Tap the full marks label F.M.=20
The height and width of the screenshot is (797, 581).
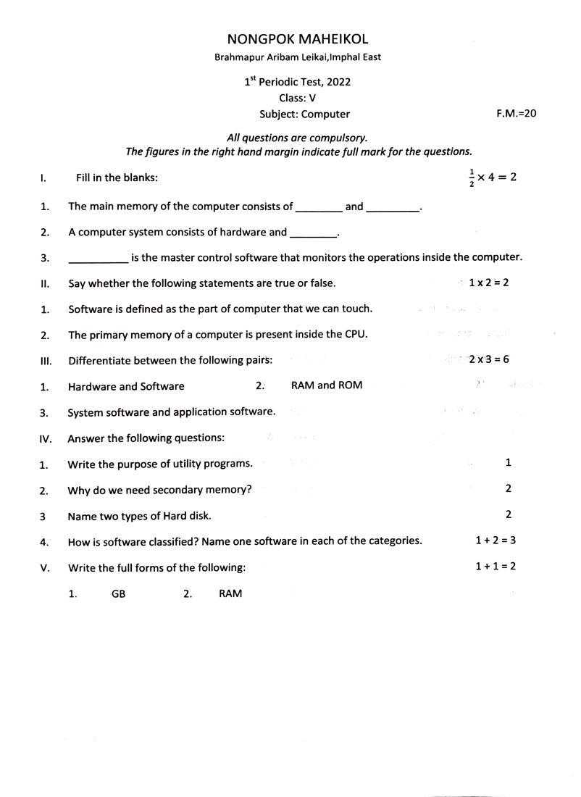tap(516, 114)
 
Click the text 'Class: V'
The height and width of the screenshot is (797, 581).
tap(297, 98)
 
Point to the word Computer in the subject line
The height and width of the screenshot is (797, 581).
tap(325, 114)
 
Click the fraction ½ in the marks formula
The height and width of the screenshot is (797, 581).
tap(471, 177)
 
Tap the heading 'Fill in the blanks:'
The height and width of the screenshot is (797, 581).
tap(117, 178)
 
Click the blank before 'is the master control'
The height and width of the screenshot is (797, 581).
tap(98, 257)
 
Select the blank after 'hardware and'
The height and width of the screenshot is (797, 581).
tap(313, 233)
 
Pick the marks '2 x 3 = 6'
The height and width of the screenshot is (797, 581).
tap(490, 359)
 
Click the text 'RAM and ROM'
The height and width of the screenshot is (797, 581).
tap(326, 385)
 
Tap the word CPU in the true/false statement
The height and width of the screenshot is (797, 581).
tap(356, 335)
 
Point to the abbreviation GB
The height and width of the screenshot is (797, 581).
tap(119, 593)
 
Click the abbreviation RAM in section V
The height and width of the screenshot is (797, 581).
tap(230, 593)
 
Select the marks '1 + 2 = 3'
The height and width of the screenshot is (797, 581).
tap(495, 540)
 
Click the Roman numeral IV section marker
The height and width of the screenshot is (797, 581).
tap(45, 438)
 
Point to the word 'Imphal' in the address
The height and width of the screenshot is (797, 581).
tap(344, 57)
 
